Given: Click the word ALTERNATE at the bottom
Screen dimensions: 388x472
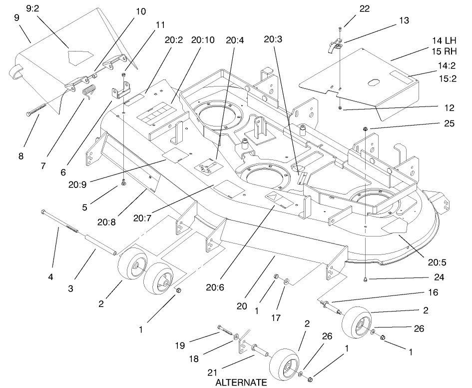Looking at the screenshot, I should point(241,382).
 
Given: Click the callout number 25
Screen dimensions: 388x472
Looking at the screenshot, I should point(448,123).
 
